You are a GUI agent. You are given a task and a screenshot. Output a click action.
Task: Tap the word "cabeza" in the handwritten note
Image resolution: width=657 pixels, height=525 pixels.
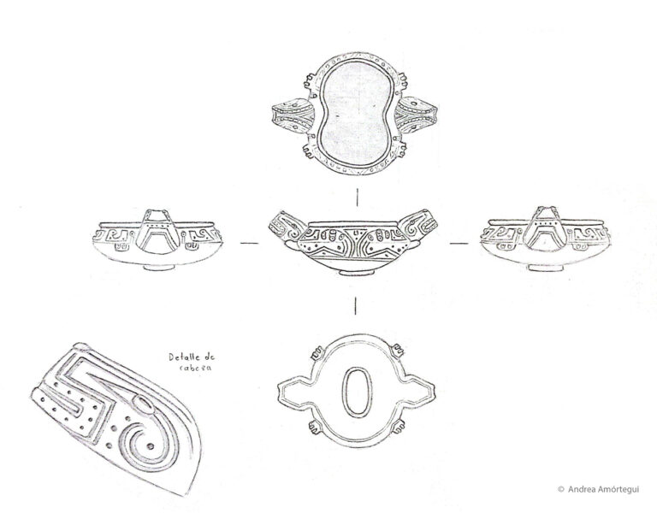(195, 368)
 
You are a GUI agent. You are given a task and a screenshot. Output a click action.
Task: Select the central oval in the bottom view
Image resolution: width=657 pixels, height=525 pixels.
(357, 392)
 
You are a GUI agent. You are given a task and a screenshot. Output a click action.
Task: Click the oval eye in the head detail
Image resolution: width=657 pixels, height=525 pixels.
(144, 404)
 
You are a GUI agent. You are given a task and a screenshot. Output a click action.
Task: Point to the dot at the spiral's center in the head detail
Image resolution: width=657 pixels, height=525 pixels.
(150, 445)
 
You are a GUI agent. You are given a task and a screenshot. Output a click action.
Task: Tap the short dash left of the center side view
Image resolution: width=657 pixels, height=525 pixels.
(250, 243)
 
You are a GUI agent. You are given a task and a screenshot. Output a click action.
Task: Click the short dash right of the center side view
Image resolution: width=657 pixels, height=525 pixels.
(459, 243)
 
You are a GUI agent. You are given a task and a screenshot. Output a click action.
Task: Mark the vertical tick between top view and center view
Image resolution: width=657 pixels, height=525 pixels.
(357, 198)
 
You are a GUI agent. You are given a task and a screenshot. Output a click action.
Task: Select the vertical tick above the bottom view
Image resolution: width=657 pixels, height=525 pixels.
(355, 305)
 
